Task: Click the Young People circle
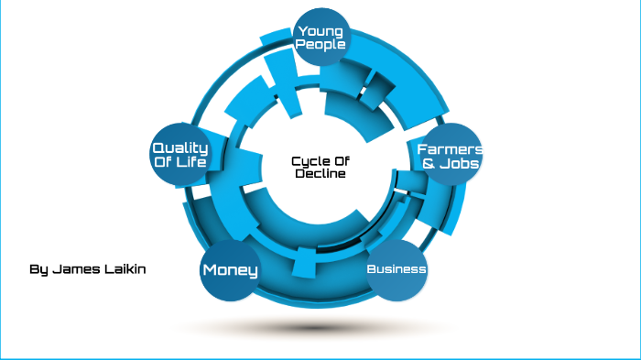pyautogui.click(x=320, y=38)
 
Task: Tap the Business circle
pyautogui.click(x=397, y=269)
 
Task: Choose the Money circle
pyautogui.click(x=230, y=270)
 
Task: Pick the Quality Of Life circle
pyautogui.click(x=179, y=154)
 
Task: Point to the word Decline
pyautogui.click(x=320, y=174)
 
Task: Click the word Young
pyautogui.click(x=320, y=31)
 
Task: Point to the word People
pyautogui.click(x=320, y=44)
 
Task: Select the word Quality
pyautogui.click(x=180, y=147)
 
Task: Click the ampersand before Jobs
pyautogui.click(x=428, y=163)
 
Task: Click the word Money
pyautogui.click(x=230, y=270)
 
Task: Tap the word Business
pyautogui.click(x=397, y=269)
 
